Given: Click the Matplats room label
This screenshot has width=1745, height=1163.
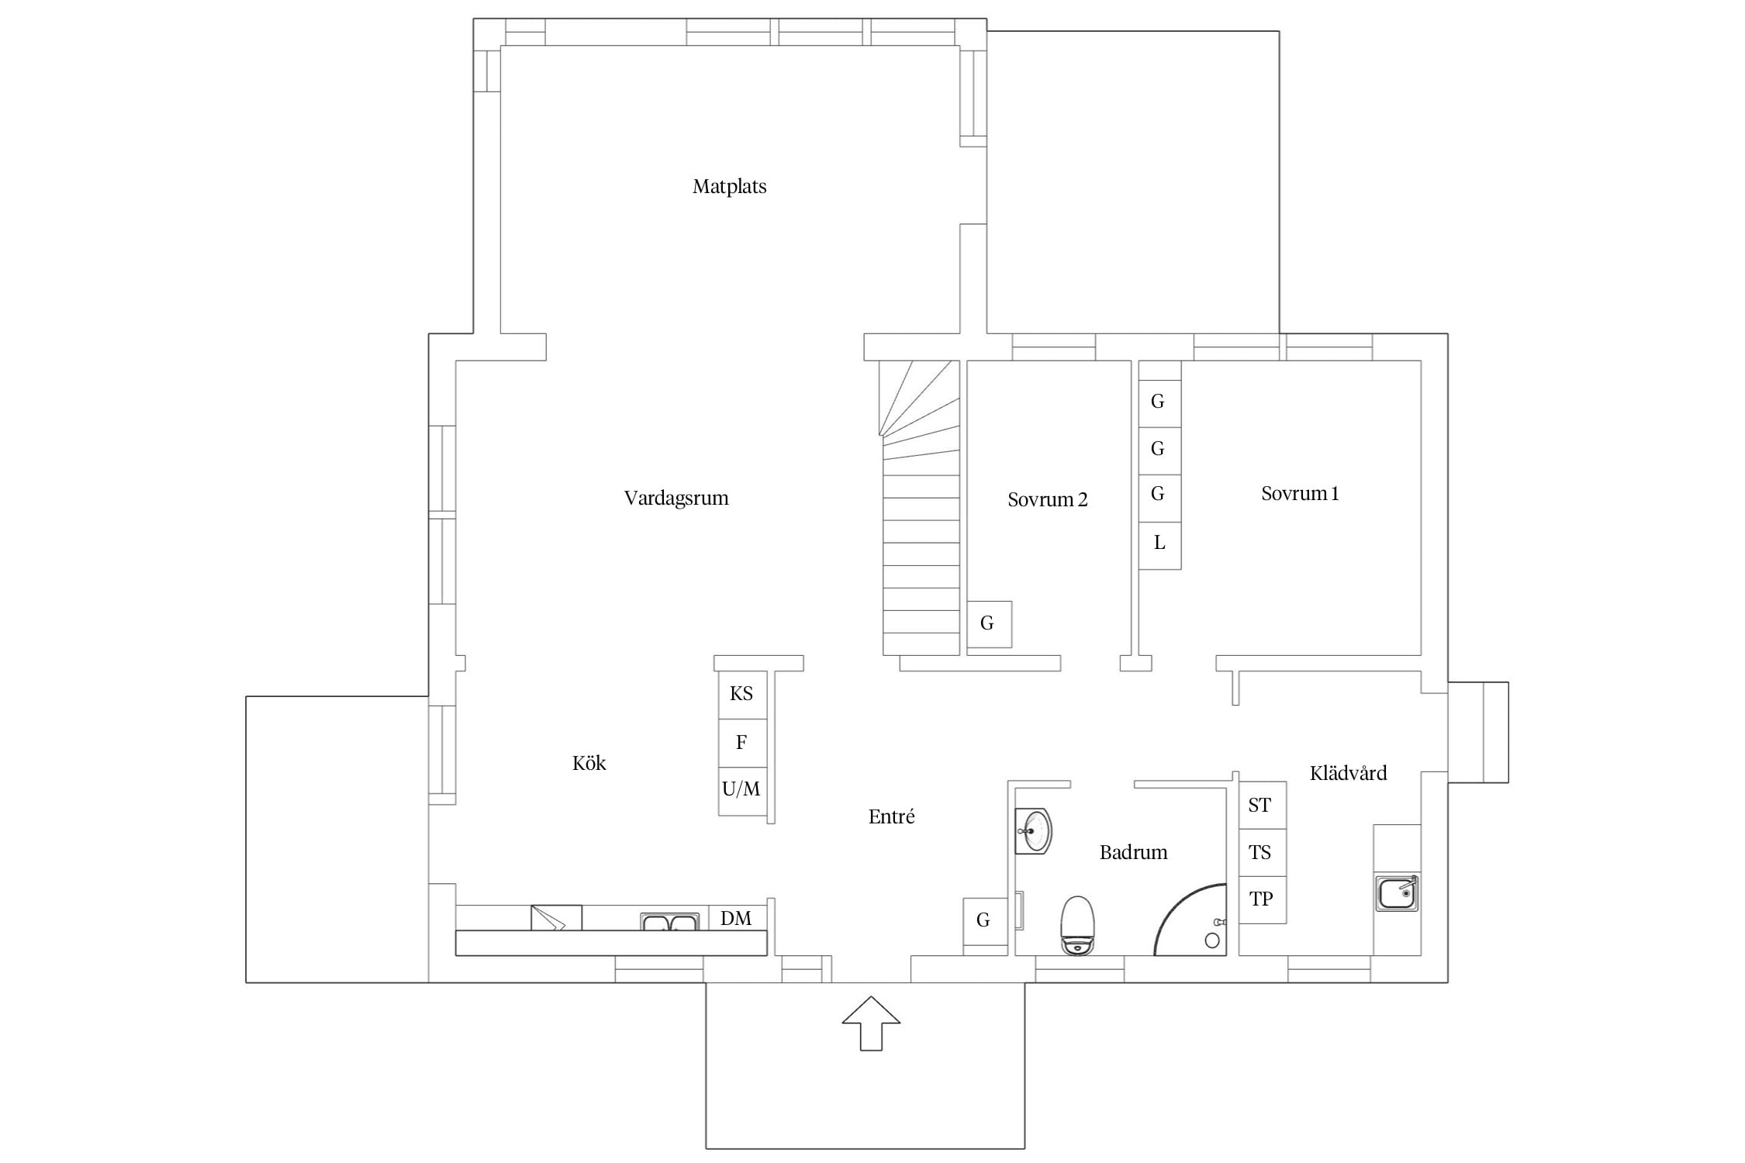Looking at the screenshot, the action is (x=729, y=187).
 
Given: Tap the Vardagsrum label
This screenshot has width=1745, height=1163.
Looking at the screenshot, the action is (x=676, y=499).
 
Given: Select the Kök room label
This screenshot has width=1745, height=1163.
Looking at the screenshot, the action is (x=589, y=764).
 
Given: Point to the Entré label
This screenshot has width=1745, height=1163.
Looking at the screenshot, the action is (x=891, y=816).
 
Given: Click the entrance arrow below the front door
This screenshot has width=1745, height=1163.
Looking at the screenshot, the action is (x=871, y=1023).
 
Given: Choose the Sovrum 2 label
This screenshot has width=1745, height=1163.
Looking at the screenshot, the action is (x=1047, y=500).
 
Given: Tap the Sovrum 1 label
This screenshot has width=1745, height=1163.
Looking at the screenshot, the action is (x=1300, y=494).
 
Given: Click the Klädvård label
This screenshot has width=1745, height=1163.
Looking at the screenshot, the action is (x=1348, y=773).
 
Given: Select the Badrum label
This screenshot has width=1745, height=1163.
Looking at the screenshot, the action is (x=1133, y=853).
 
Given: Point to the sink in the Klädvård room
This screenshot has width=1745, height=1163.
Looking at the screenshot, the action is (x=1398, y=892).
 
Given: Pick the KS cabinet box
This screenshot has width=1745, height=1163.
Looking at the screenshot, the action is (x=742, y=695).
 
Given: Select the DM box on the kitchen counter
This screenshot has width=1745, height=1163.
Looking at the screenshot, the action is (x=737, y=919).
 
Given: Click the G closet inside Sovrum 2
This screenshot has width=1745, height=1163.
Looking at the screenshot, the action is (x=989, y=624).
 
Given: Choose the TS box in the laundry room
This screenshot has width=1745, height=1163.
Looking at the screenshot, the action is (x=1262, y=853).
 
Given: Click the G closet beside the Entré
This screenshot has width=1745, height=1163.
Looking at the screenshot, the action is (x=984, y=921).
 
